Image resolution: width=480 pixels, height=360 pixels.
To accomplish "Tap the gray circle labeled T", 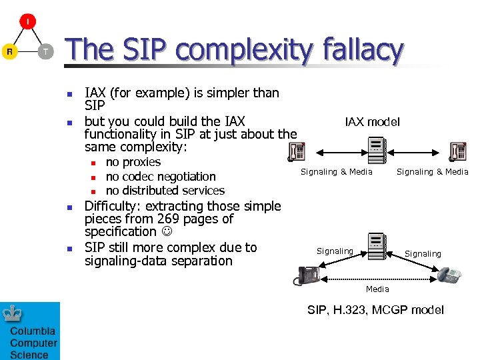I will (45, 51).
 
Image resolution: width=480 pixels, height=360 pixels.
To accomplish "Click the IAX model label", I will (372, 121).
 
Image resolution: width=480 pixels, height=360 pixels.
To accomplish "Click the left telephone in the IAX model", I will (296, 153).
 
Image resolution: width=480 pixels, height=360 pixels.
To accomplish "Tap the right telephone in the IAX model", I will (457, 153).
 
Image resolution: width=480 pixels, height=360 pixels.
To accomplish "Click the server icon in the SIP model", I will (376, 245).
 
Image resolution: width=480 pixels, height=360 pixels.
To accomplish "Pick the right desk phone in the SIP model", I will (448, 275).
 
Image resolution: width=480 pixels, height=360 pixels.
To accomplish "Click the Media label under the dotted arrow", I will (377, 289).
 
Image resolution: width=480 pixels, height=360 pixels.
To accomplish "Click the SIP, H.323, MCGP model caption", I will (375, 310).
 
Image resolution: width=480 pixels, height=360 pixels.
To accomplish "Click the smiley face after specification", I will (166, 232).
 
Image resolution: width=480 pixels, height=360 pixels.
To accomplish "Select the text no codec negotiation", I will (161, 177).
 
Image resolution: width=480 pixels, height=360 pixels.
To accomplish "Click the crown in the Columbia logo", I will (13, 314).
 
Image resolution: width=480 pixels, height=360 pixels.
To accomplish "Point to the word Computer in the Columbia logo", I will (33, 343).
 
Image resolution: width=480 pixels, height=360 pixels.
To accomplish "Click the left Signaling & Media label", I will (336, 172).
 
